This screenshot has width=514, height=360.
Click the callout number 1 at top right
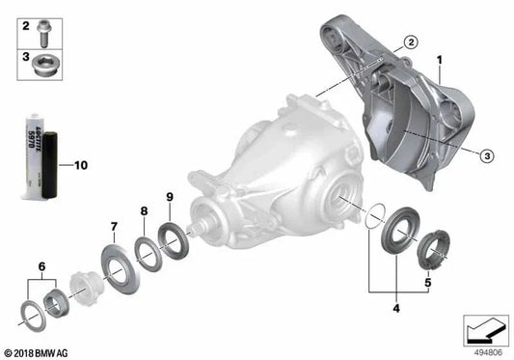coord(439,60)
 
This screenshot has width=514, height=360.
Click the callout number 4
coord(393,308)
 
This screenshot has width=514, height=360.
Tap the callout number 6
coord(41,265)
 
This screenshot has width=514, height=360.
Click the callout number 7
coord(114,227)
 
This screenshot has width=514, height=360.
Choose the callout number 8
coord(144,210)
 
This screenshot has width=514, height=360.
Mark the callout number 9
coord(170,197)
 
